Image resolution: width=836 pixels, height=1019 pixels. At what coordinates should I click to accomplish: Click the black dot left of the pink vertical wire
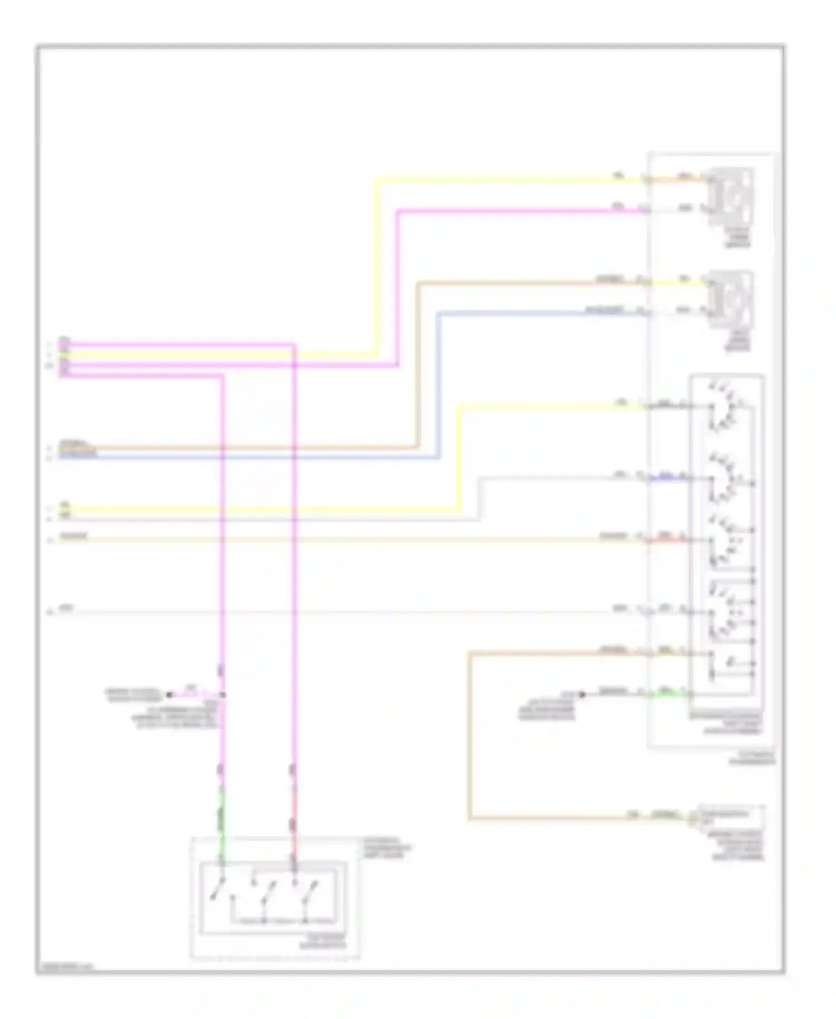tap(169, 695)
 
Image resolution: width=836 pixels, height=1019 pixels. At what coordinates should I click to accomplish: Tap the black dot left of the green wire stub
tap(582, 694)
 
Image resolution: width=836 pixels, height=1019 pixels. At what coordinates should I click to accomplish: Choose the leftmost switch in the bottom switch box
tap(219, 890)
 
